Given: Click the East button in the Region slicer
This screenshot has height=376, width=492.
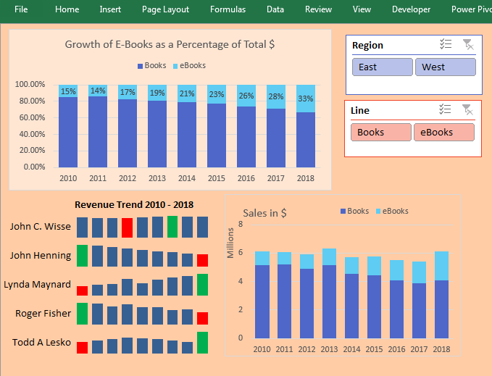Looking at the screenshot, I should [x=381, y=67].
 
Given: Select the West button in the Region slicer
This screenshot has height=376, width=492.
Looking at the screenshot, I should [x=444, y=67].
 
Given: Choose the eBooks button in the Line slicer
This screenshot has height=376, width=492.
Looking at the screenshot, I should [x=443, y=133].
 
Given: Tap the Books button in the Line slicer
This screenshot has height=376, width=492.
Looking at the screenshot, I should [x=380, y=133].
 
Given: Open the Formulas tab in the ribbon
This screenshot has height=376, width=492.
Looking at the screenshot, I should [x=228, y=9].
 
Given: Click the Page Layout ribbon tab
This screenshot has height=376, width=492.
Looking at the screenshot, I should [x=165, y=9].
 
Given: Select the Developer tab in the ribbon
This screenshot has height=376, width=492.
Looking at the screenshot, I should [x=411, y=9].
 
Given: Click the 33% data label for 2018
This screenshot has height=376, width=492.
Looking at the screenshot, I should [x=306, y=99].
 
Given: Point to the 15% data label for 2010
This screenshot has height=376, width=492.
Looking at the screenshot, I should [x=68, y=92].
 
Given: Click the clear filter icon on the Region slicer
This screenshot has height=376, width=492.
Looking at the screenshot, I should [x=468, y=45].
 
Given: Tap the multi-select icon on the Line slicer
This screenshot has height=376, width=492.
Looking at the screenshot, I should [x=446, y=110].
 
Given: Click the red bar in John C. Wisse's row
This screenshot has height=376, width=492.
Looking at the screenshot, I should [x=128, y=227].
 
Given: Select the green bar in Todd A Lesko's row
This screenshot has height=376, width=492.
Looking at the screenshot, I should [x=202, y=342].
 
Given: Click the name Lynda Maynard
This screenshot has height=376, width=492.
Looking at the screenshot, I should [x=38, y=285].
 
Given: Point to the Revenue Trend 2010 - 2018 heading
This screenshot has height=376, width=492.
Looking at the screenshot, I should [x=134, y=205].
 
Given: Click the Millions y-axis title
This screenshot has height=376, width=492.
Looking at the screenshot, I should [x=231, y=243].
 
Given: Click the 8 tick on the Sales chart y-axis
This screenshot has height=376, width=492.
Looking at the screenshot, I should [x=241, y=225].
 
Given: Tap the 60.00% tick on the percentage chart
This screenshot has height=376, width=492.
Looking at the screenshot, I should [x=30, y=117].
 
